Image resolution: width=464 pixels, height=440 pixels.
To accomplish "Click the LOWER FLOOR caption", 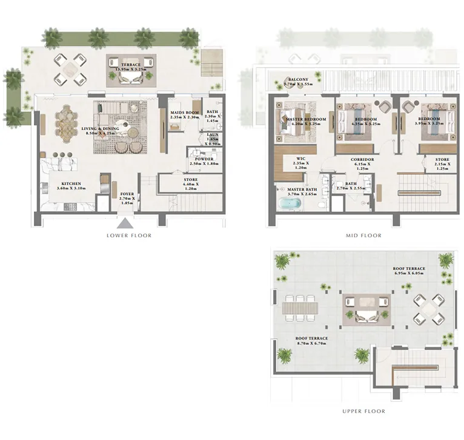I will tap(128, 235).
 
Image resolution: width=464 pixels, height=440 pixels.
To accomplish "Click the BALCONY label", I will tap(299, 79).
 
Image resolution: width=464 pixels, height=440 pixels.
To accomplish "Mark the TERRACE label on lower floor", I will tap(131, 65).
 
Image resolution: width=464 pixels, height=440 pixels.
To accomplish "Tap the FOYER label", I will tap(127, 195).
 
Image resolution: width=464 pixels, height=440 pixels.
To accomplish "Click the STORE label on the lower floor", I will tap(191, 180).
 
